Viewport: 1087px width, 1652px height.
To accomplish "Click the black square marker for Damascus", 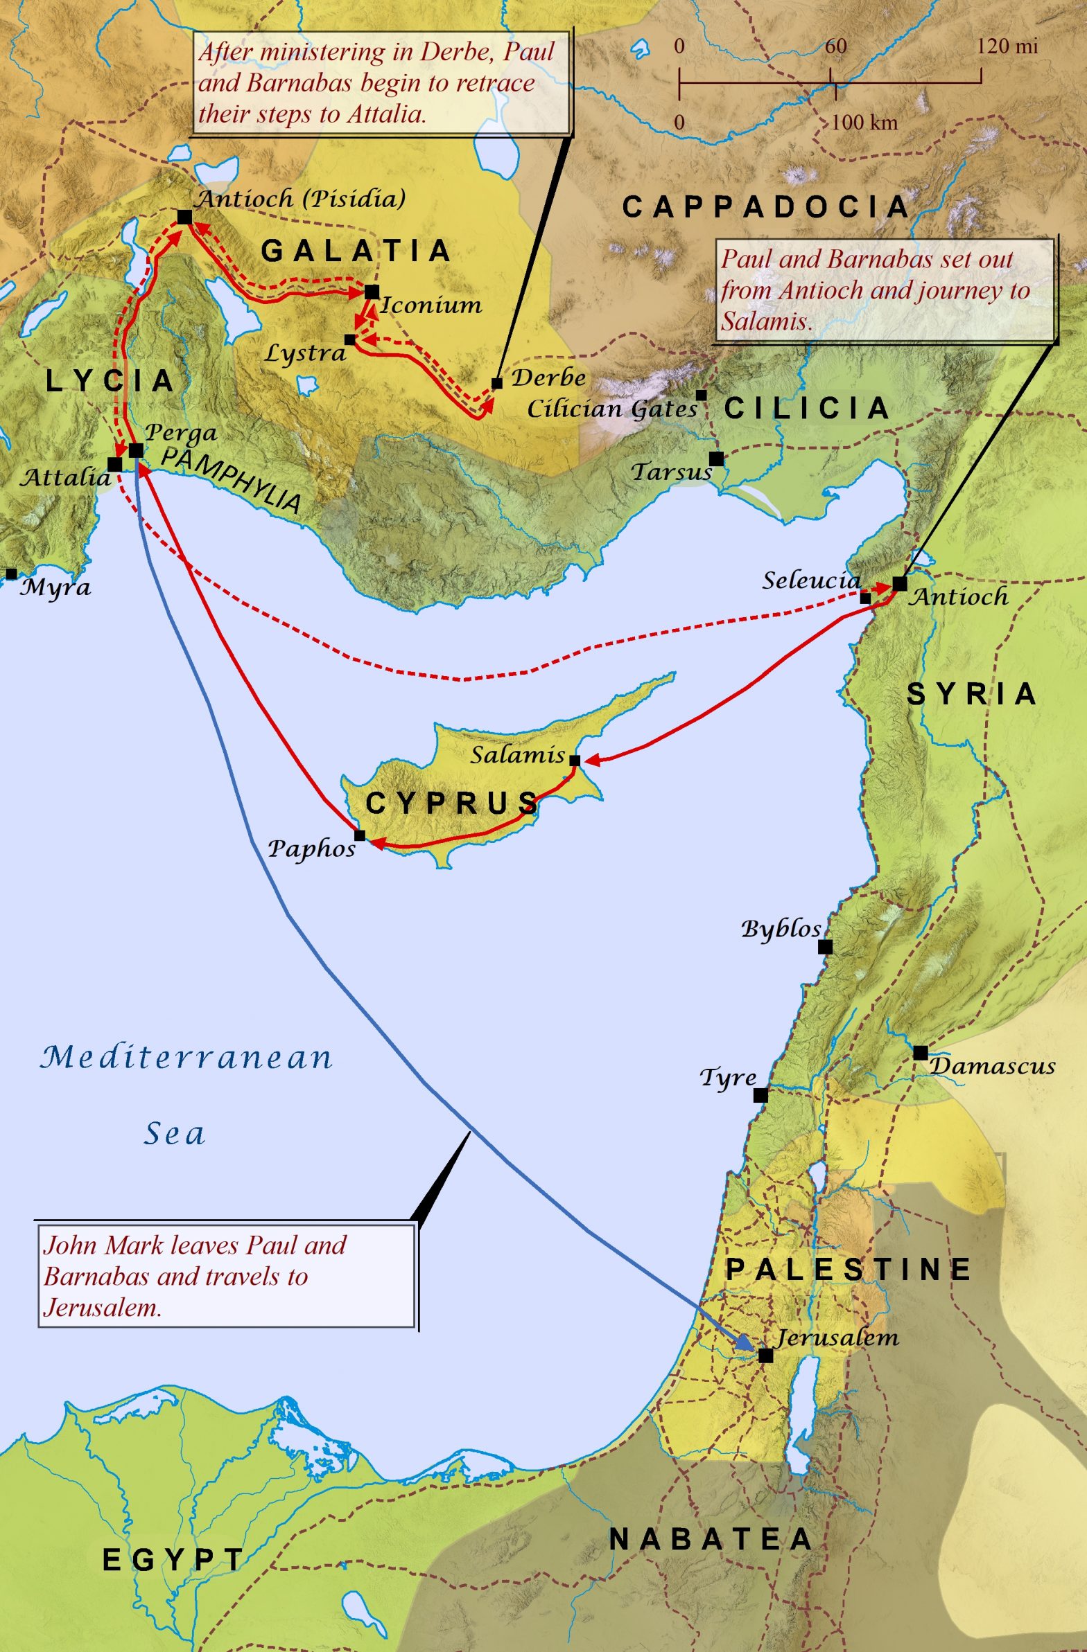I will [921, 1052].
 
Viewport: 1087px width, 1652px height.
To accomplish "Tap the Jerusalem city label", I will [836, 1337].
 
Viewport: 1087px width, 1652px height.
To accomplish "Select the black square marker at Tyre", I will [760, 1094].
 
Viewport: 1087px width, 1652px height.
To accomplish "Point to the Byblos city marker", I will [825, 947].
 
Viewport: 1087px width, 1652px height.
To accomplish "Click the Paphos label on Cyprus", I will [312, 849].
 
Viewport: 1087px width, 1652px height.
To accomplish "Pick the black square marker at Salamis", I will [575, 760].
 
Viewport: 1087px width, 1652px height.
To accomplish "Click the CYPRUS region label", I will [452, 803].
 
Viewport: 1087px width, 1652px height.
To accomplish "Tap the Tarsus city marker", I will [716, 459].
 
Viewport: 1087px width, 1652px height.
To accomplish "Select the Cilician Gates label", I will [612, 408].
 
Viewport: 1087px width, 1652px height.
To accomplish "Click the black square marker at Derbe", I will [496, 383].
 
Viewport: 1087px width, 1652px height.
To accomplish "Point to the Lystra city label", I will [306, 353].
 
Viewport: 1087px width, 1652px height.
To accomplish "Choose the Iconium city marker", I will [372, 292].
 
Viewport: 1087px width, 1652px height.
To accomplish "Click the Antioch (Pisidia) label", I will [301, 199].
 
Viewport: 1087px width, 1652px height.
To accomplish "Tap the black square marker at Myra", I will [11, 574].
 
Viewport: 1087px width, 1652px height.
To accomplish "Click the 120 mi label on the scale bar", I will [1007, 46].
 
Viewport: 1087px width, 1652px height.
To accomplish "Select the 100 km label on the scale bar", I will [864, 123].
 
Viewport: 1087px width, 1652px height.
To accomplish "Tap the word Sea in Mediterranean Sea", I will [175, 1134].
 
